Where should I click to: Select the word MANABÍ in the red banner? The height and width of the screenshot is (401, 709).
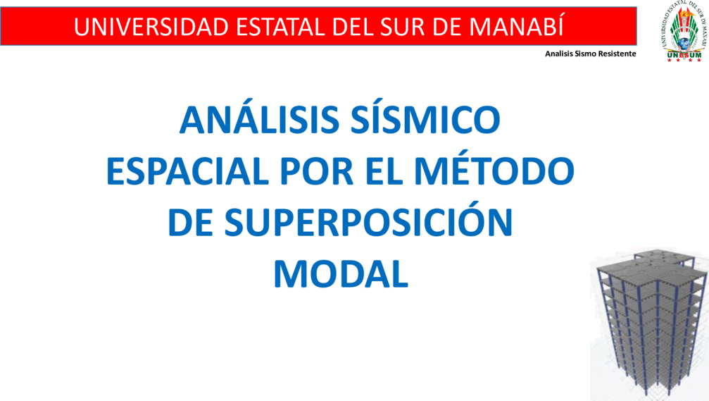pos(516,25)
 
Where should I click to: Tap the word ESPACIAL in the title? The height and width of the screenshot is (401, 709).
pos(188,171)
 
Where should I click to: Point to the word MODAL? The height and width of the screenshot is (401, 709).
pos(341,274)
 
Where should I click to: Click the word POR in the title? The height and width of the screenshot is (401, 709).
pos(317,171)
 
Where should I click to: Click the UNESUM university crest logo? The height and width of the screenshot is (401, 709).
pos(684,31)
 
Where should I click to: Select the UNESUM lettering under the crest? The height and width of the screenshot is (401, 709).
pos(684,56)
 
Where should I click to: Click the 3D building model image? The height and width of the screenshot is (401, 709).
pos(649,324)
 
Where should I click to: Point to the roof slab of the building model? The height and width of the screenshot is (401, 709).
pos(651,266)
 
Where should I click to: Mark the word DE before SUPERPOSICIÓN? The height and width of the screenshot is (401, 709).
pos(190,222)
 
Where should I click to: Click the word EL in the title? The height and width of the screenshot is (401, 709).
pos(384,171)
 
